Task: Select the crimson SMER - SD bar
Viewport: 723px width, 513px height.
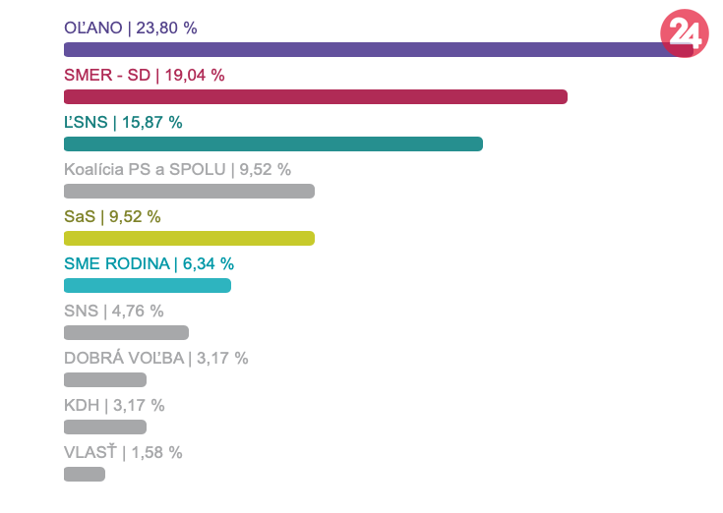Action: coord(316,96)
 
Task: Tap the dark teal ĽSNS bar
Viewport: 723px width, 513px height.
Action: coord(273,143)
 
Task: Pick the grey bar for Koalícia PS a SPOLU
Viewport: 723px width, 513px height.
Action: coord(189,191)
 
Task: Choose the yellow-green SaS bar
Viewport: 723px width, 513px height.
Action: coord(189,238)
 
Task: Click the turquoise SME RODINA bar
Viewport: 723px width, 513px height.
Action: coord(148,285)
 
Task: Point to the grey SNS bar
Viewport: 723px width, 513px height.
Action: coord(126,332)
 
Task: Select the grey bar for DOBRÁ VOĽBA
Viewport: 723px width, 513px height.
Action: coord(105,379)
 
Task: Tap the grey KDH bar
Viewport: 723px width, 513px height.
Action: coord(105,427)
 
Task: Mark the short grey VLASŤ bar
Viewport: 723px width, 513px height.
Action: coord(85,474)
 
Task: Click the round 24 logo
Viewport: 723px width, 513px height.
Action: coord(684,33)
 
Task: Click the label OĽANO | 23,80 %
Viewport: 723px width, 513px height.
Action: coord(131,28)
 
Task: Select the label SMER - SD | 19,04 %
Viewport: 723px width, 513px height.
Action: coord(145,75)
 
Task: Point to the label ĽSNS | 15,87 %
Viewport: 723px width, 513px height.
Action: coord(123,122)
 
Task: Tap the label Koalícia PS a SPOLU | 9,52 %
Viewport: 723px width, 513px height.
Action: coord(177,169)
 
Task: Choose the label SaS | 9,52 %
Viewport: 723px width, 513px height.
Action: coord(112,216)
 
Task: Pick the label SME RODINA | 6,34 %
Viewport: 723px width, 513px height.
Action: coord(149,263)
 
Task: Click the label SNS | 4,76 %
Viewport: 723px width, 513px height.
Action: coord(113,311)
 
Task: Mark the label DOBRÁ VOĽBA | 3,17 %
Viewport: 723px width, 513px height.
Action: coord(155,358)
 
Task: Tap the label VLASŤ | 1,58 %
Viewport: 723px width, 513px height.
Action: coord(123,452)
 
